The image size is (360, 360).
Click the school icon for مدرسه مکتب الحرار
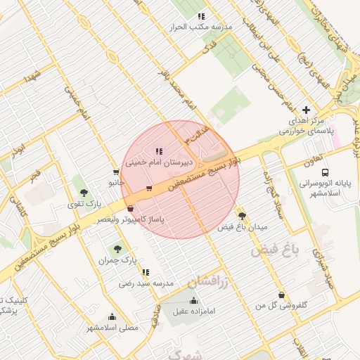pos(201,15)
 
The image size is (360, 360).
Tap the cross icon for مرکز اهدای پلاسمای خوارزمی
pos(306,110)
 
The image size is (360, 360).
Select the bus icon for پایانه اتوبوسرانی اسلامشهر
pos(325,172)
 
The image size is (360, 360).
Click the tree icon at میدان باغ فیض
pos(242,216)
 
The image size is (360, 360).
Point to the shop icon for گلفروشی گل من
pos(282,295)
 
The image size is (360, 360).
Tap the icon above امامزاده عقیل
pos(193,300)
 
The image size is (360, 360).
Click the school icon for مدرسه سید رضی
pos(146,272)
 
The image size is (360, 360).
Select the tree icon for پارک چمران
pos(117,249)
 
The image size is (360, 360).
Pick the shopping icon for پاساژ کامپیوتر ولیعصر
pos(131,209)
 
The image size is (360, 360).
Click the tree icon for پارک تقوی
pos(84,193)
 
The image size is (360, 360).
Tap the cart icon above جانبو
pos(115,172)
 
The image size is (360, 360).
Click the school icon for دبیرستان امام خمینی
pos(158,151)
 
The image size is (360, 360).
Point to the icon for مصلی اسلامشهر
pos(112,316)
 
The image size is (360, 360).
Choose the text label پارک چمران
pos(118,261)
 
